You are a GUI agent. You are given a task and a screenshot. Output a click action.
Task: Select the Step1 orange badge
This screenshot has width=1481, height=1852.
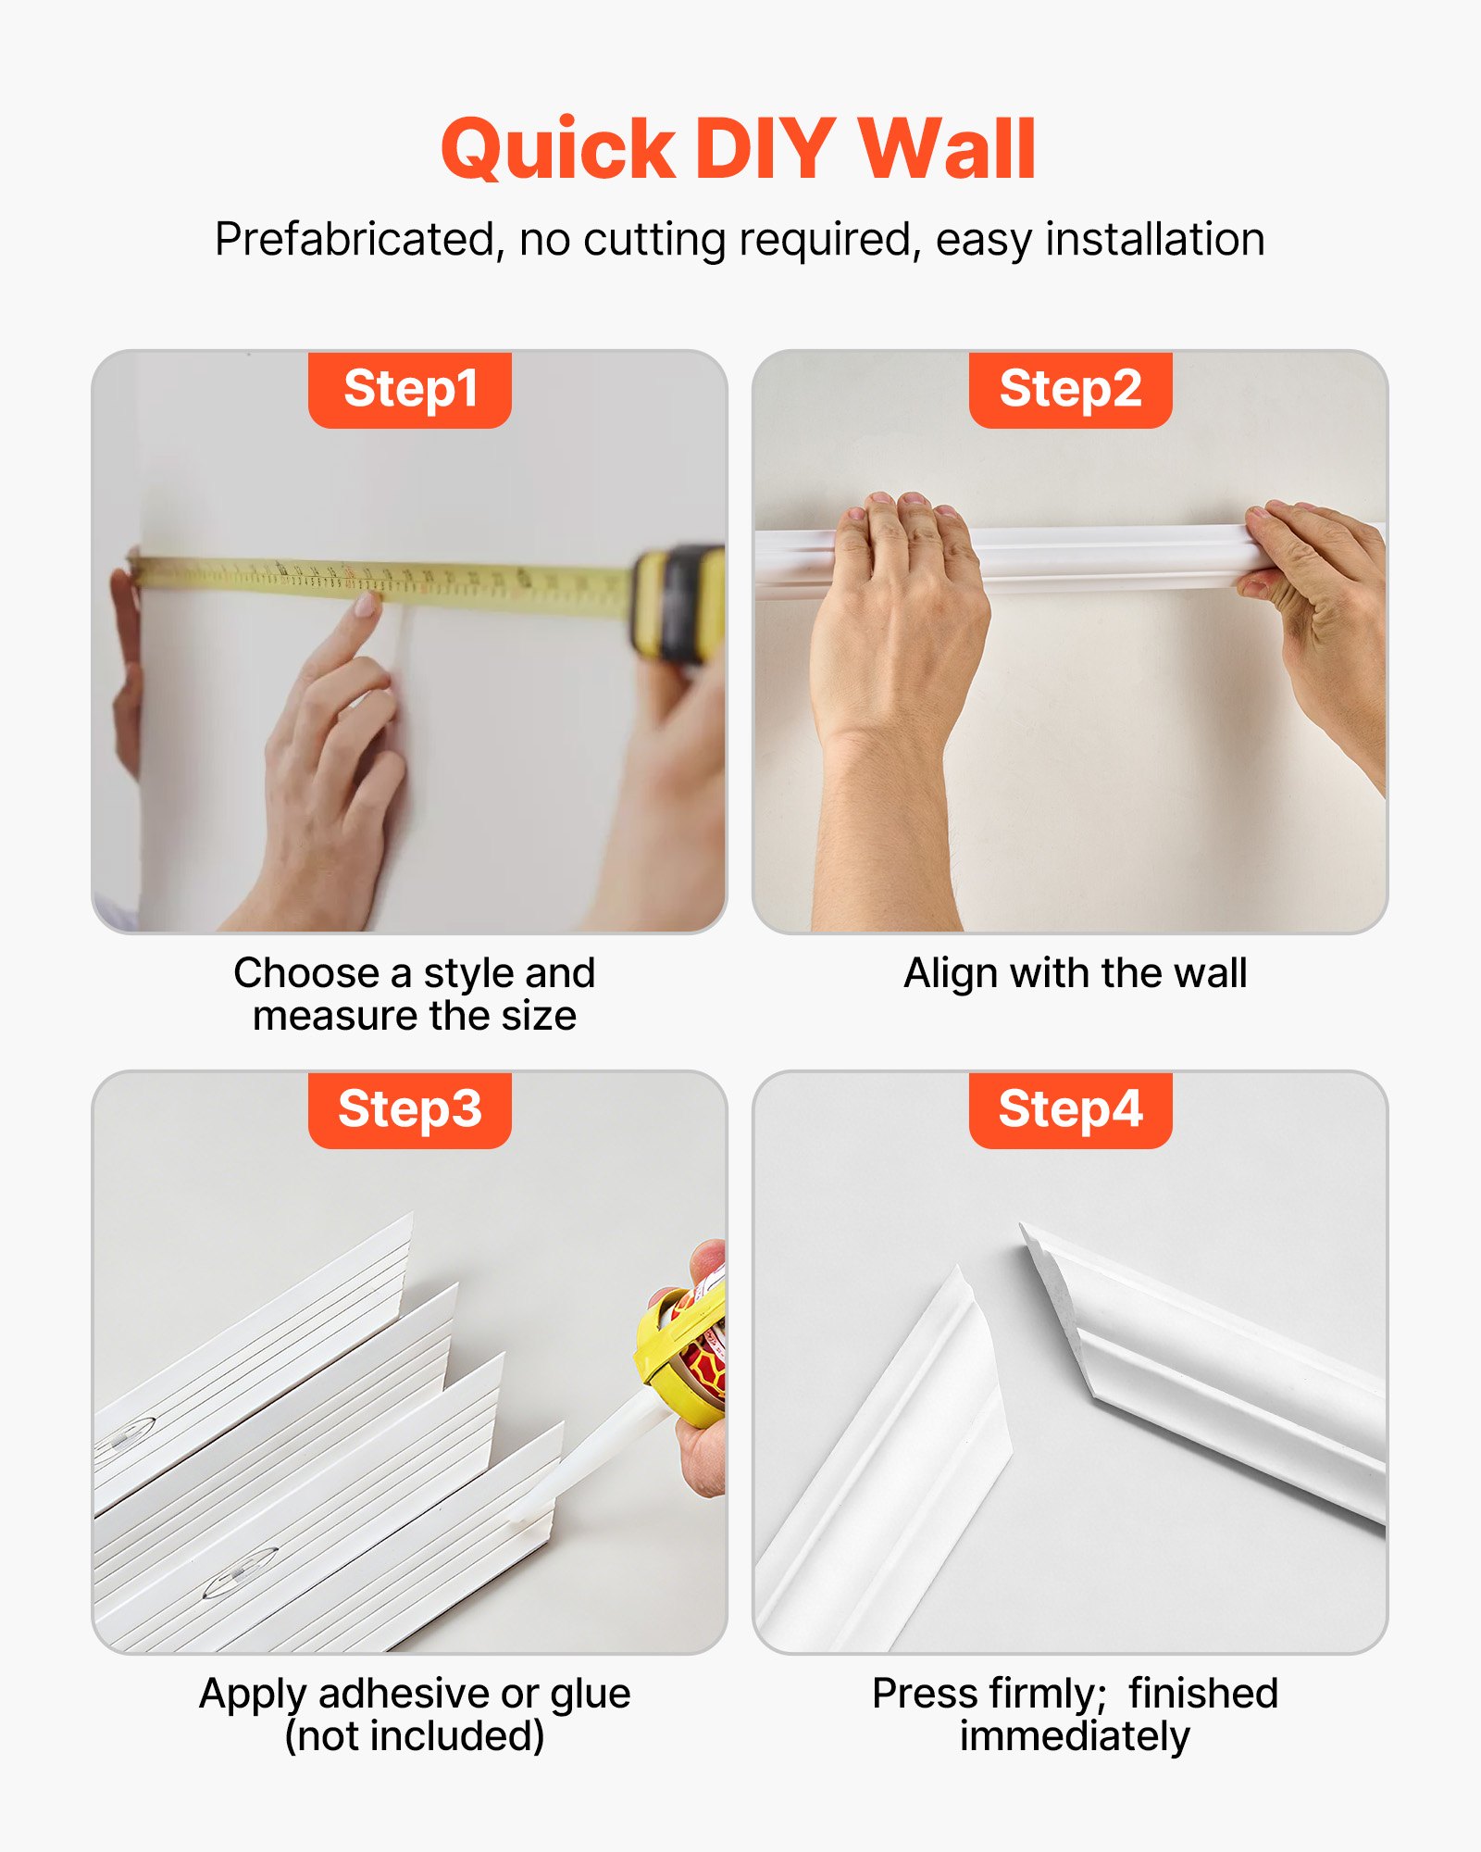point(410,389)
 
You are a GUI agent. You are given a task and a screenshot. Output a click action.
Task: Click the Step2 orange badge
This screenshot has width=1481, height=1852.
point(1070,389)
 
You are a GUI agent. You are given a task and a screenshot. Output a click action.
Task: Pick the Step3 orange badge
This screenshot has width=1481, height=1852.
point(410,1109)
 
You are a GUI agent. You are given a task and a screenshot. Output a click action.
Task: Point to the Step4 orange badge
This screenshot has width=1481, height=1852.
point(1070,1109)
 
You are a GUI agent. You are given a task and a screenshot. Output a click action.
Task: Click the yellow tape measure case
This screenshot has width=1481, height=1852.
point(680,602)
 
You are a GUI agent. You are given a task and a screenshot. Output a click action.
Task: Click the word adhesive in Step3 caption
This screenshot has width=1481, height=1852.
point(404,1695)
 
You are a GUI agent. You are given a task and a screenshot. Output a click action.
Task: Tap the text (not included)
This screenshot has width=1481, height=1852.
point(414,1737)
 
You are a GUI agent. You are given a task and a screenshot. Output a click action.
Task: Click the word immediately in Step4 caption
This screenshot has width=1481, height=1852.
point(1074,1737)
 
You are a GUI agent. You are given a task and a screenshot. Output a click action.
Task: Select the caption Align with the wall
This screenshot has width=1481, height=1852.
point(1075,973)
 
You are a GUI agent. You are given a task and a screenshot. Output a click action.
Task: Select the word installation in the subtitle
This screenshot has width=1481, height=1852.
point(1155,239)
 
